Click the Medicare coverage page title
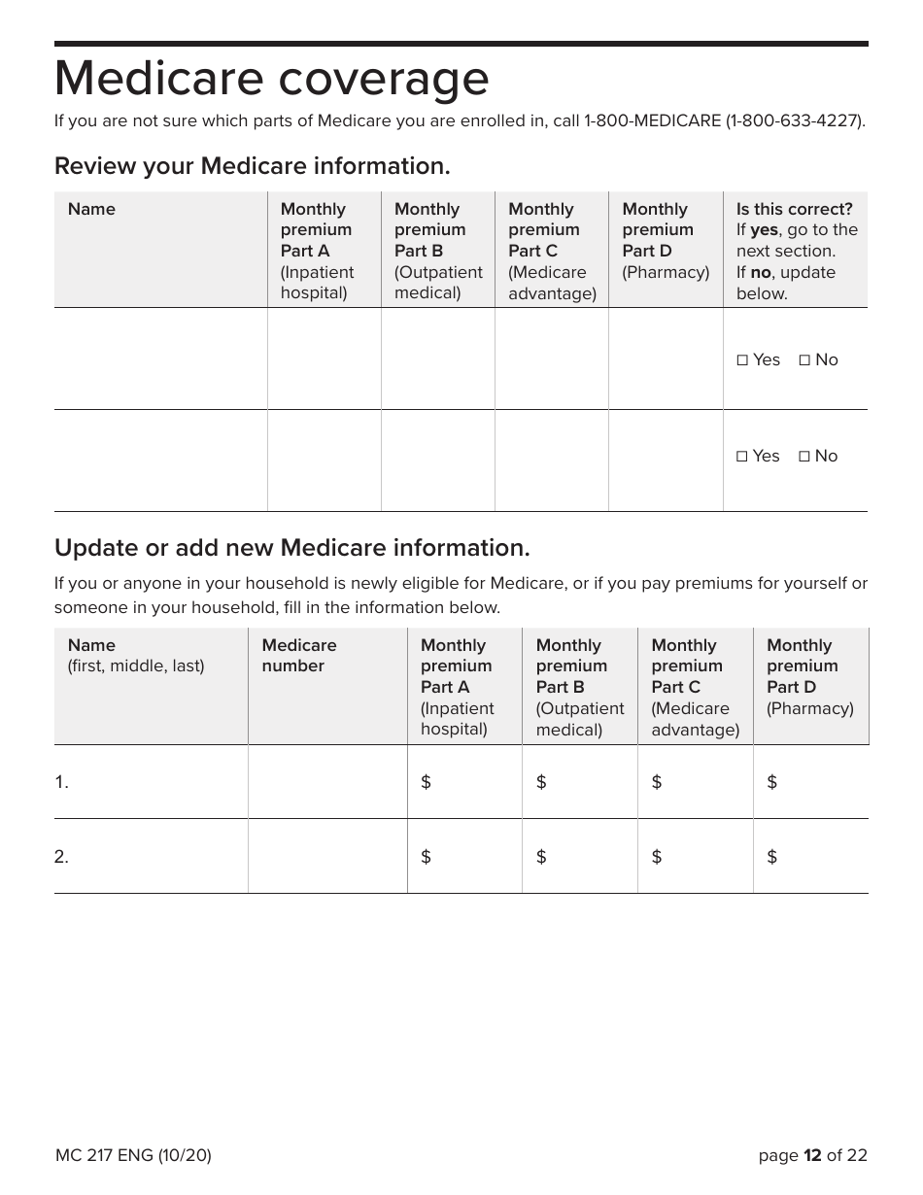click(272, 80)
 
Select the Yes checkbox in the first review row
click(742, 360)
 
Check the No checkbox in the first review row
click(804, 360)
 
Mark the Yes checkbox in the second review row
click(742, 457)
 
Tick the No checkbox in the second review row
click(804, 457)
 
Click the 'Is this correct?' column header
click(794, 209)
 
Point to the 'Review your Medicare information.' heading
click(253, 166)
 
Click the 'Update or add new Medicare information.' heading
click(292, 548)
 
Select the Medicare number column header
click(299, 656)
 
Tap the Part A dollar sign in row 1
click(426, 782)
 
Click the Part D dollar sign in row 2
click(772, 857)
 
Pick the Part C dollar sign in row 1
click(657, 782)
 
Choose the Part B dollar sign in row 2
click(541, 857)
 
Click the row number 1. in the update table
click(61, 782)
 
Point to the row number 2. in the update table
click(61, 857)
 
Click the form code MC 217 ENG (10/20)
click(133, 1155)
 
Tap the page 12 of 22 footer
click(812, 1155)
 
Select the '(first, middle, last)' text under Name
click(136, 666)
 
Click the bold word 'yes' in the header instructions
click(764, 230)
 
